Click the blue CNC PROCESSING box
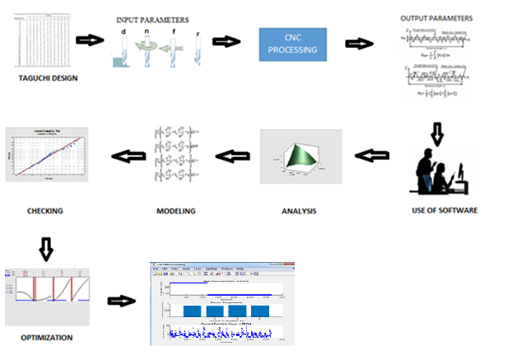(291, 45)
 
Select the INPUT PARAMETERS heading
(153, 19)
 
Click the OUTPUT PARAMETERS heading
(436, 17)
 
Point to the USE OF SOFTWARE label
(445, 211)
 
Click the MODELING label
(176, 211)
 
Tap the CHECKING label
(44, 211)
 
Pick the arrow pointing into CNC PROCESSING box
(226, 41)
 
